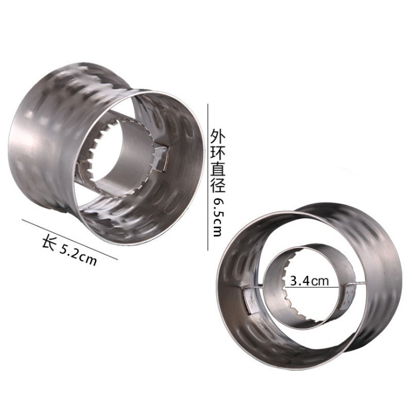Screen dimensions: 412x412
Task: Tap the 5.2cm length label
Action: pyautogui.click(x=78, y=254)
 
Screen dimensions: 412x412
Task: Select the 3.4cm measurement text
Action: pyautogui.click(x=309, y=280)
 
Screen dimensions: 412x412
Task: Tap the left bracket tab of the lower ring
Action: pyautogui.click(x=251, y=299)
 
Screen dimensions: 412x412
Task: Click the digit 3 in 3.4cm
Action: pyautogui.click(x=293, y=280)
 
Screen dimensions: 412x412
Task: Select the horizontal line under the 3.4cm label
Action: pyautogui.click(x=313, y=287)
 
